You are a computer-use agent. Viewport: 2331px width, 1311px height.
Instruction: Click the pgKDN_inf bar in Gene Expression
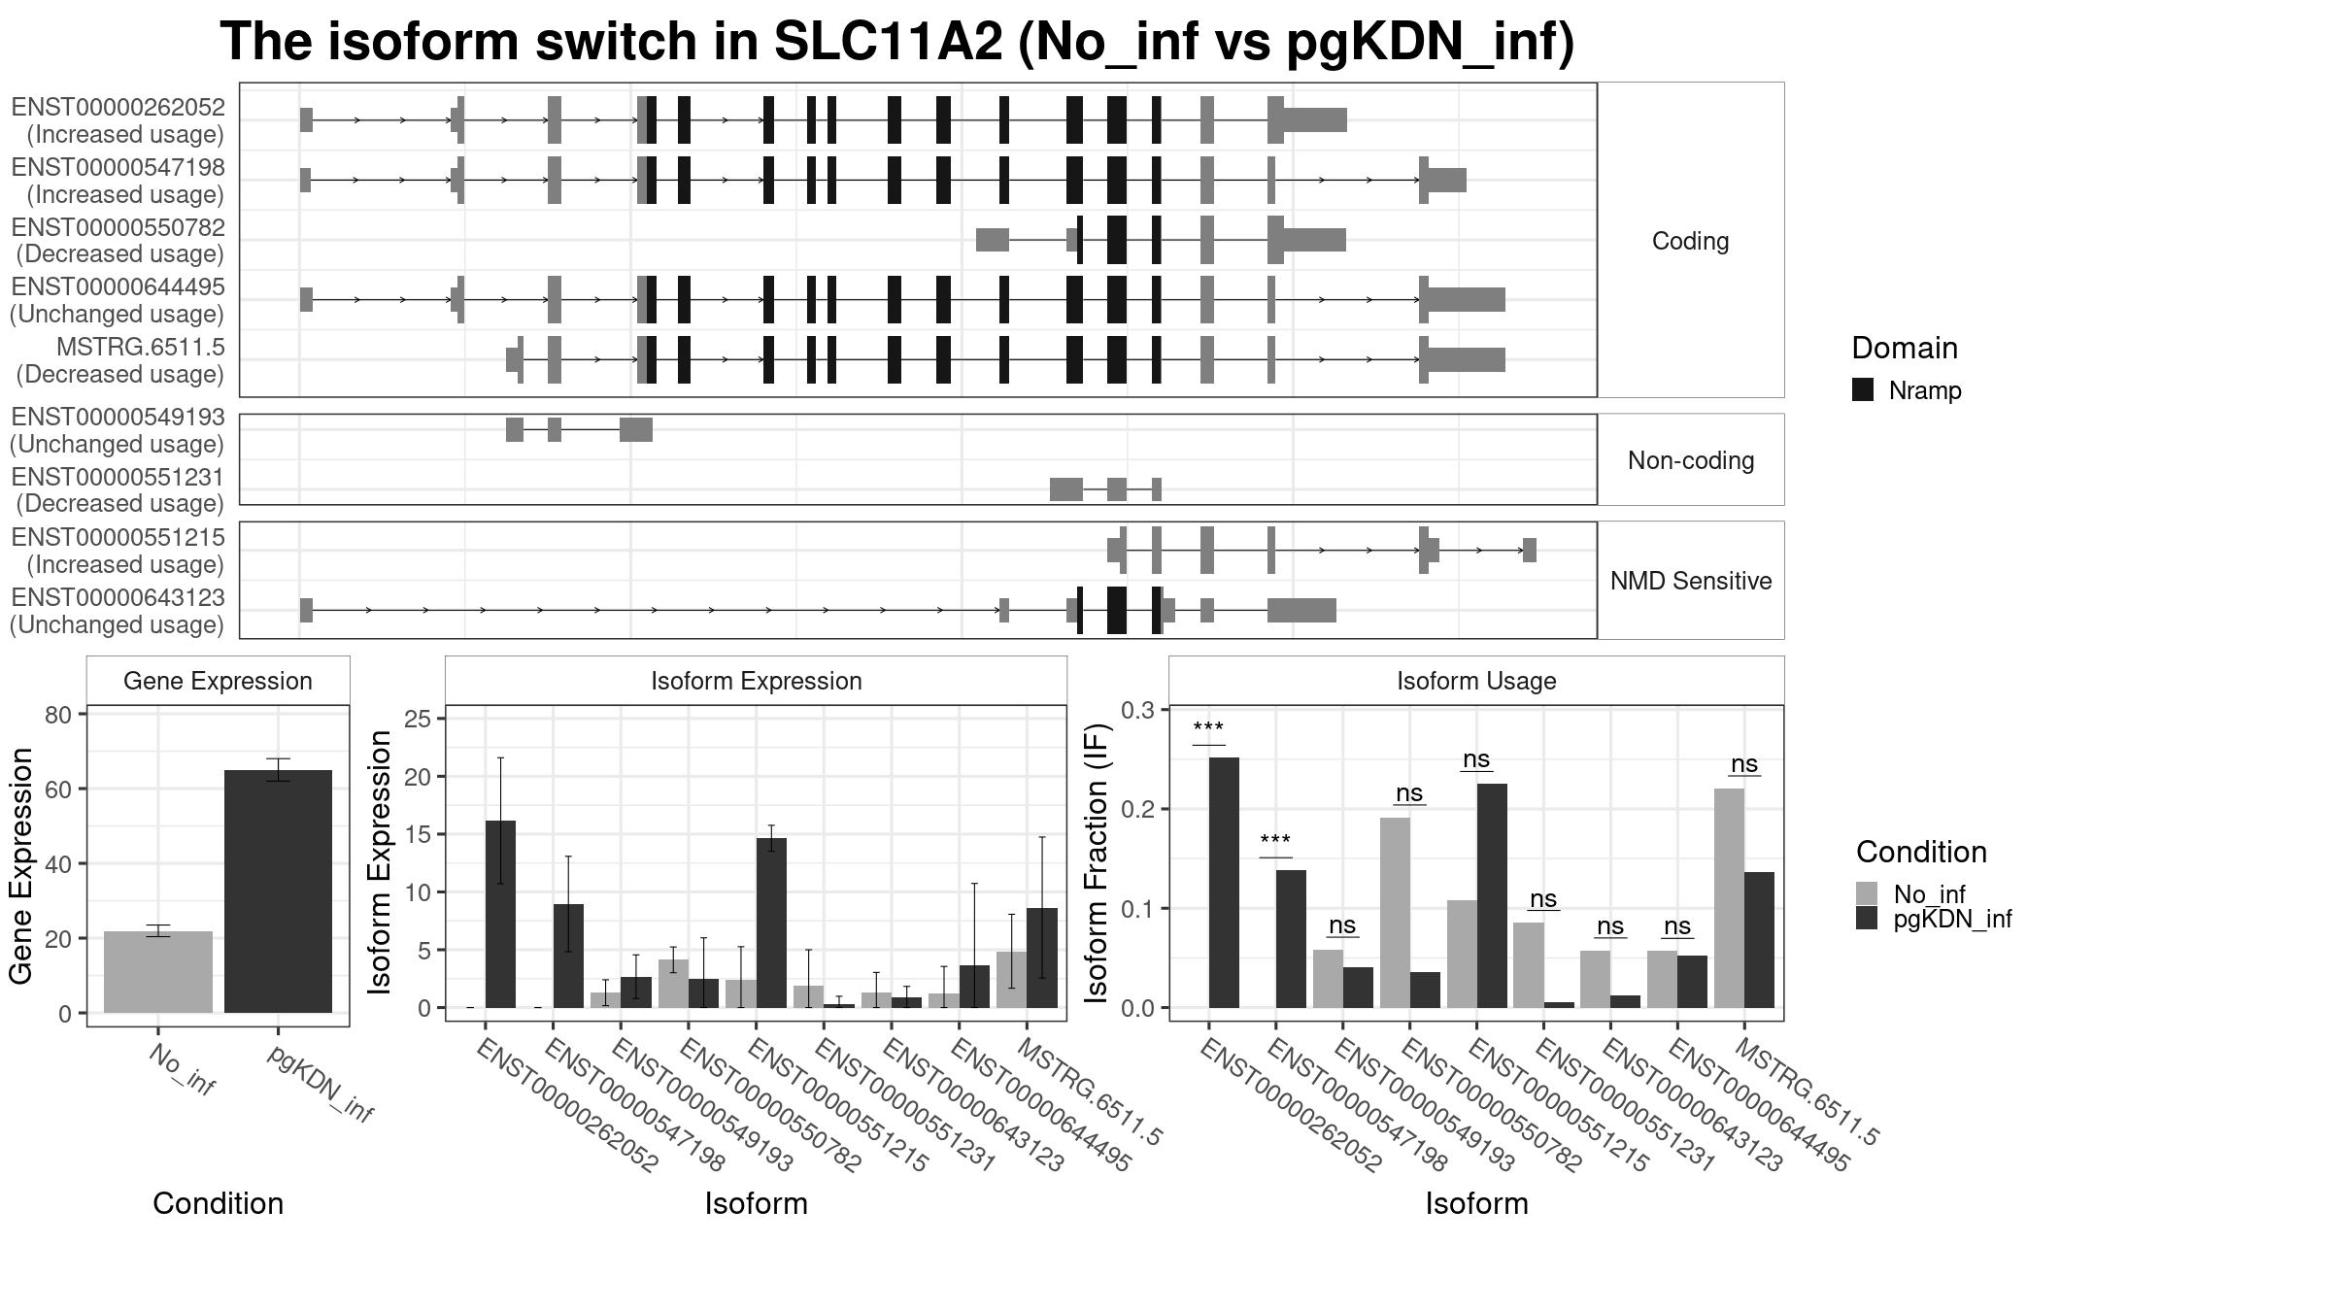click(x=278, y=891)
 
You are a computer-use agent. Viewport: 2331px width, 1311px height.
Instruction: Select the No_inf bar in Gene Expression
click(x=158, y=972)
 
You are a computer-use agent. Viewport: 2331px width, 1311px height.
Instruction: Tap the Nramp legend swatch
click(x=1863, y=390)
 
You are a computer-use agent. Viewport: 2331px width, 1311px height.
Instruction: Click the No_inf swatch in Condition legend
click(x=1867, y=893)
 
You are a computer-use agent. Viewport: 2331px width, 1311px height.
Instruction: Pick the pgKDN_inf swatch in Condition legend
click(x=1867, y=919)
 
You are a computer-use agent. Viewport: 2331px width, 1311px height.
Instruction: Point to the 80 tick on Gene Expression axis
click(x=58, y=715)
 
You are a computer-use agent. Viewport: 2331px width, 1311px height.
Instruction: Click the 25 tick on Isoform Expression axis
click(x=419, y=719)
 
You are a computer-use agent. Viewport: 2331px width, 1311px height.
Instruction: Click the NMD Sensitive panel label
click(x=1691, y=581)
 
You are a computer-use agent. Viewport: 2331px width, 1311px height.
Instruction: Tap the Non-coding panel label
click(x=1691, y=460)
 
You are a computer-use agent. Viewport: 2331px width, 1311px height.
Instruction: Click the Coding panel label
click(x=1691, y=241)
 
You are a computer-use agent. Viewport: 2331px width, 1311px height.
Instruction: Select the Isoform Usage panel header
click(x=1476, y=681)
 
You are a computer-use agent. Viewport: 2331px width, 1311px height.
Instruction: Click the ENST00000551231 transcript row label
click(x=118, y=490)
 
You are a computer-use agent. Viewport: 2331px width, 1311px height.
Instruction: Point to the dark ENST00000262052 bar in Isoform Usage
click(x=1224, y=883)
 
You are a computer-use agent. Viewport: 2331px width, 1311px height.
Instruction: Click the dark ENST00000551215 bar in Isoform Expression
click(x=771, y=923)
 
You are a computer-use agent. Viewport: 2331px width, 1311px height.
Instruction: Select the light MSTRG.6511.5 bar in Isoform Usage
click(x=1729, y=898)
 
